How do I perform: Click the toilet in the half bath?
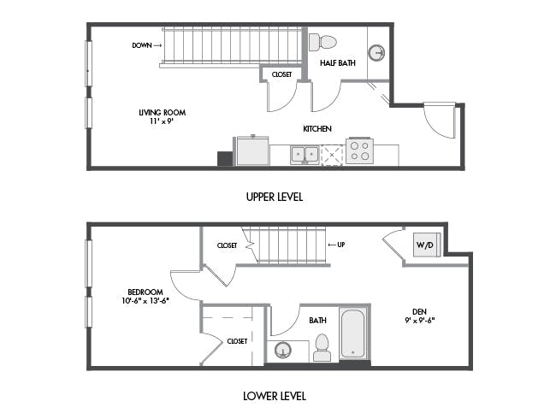[322, 42]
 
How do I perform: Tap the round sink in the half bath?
[376, 53]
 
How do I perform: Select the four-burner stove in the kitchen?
[359, 151]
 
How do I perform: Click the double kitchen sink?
[305, 155]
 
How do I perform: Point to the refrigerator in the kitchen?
[252, 150]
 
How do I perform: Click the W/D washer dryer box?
[427, 245]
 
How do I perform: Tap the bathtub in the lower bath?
[353, 334]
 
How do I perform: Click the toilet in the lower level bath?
[322, 347]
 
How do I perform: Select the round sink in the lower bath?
[283, 351]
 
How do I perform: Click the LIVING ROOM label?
[162, 113]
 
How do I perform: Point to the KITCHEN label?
[317, 128]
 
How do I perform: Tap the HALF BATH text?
[338, 63]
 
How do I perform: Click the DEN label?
[419, 311]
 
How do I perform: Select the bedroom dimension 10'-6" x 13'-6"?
[145, 301]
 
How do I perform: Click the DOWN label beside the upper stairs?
[142, 45]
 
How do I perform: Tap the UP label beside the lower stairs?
[341, 245]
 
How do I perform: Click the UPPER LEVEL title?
[275, 197]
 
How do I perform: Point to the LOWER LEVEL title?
[275, 396]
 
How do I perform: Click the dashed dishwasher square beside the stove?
[332, 155]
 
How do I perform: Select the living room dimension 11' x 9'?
[162, 121]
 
